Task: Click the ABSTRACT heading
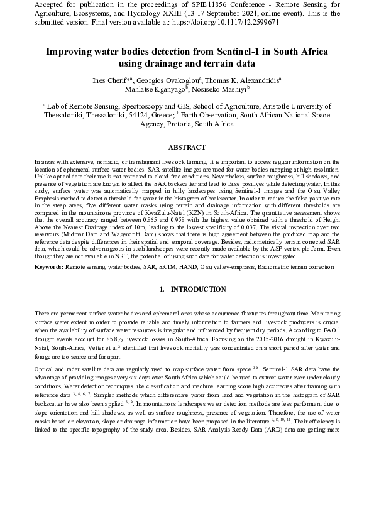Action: pyautogui.click(x=187, y=148)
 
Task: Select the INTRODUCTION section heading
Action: pyautogui.click(x=189, y=289)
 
